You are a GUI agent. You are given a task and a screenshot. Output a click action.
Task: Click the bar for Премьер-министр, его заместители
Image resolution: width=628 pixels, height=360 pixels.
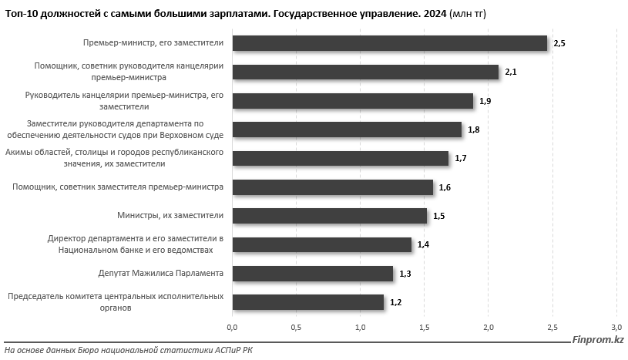point(389,43)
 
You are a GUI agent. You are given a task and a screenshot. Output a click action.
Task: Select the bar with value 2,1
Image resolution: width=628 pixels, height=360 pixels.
point(365,72)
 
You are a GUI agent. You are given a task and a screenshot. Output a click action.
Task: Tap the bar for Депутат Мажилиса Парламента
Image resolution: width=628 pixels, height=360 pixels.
point(312,274)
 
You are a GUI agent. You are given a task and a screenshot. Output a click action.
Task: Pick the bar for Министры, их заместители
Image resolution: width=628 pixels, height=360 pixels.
point(329,216)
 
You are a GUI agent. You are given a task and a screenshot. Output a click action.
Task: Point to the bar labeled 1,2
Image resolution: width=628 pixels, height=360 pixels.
point(307,302)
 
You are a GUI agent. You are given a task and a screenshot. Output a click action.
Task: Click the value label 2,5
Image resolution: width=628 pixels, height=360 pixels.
point(559,43)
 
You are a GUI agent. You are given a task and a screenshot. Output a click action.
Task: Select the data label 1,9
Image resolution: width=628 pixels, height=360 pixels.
point(485,101)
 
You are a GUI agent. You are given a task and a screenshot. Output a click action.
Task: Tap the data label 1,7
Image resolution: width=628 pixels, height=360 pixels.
point(461,158)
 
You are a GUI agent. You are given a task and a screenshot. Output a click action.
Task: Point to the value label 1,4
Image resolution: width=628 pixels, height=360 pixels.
point(423,244)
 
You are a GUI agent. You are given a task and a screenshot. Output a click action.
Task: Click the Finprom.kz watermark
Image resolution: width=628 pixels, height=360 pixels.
point(598,339)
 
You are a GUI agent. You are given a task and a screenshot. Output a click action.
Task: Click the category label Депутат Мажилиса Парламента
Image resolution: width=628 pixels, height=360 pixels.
point(162,274)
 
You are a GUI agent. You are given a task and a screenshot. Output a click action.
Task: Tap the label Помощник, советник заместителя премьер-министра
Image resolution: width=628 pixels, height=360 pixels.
point(118,187)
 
